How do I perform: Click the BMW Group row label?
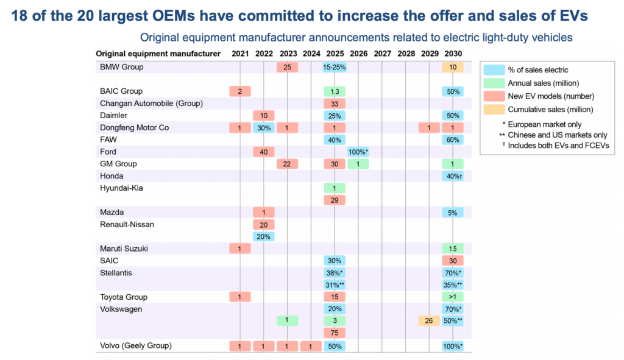122,67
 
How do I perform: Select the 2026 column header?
358,54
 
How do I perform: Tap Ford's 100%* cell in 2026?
358,152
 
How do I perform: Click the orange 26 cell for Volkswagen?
429,320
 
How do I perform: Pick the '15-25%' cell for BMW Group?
335,67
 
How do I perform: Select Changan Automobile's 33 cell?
335,103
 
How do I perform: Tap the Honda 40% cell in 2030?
453,175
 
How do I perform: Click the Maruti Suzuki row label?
124,248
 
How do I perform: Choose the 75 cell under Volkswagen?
335,333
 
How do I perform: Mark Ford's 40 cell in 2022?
263,152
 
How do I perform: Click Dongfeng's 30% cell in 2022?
263,127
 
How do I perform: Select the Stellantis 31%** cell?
335,284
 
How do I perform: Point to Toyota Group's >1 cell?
453,297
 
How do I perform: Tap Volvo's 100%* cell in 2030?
453,346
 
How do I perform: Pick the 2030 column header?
453,54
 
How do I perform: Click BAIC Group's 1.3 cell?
335,91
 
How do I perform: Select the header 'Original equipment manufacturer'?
158,54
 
